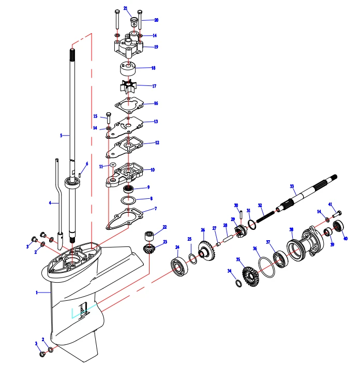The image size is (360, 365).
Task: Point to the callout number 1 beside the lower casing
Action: tap(37, 293)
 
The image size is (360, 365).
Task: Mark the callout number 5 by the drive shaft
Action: tap(61, 136)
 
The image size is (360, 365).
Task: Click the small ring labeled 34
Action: tap(238, 283)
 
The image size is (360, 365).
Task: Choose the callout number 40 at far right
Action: tap(345, 239)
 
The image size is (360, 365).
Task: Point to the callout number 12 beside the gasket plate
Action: tap(157, 142)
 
